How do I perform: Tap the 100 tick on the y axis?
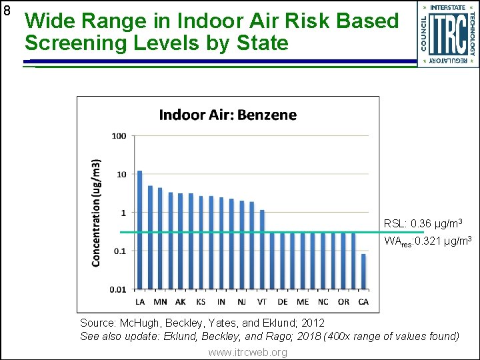pyautogui.click(x=119, y=136)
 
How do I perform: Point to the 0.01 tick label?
pyautogui.click(x=117, y=289)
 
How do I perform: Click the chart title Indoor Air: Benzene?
pyautogui.click(x=227, y=115)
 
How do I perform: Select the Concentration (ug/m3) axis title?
pyautogui.click(x=97, y=213)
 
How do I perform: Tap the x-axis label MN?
pyautogui.click(x=160, y=302)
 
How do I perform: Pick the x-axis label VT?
pyautogui.click(x=261, y=302)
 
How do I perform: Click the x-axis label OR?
pyautogui.click(x=343, y=302)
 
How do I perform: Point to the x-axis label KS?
pyautogui.click(x=201, y=302)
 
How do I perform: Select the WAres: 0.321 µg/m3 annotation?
pyautogui.click(x=428, y=241)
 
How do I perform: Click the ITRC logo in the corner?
pyautogui.click(x=448, y=33)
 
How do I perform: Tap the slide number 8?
pyautogui.click(x=7, y=11)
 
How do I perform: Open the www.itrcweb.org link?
pyautogui.click(x=247, y=352)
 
